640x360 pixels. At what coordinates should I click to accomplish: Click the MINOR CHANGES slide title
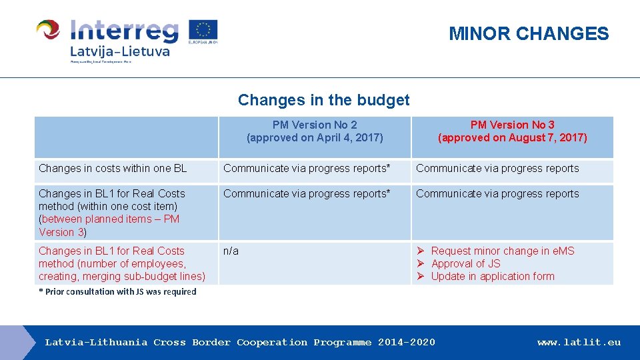pyautogui.click(x=529, y=33)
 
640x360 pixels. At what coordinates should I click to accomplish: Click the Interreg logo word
pyautogui.click(x=125, y=30)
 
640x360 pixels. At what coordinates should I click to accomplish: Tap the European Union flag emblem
pyautogui.click(x=203, y=30)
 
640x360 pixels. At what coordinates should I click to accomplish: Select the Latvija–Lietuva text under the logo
pyautogui.click(x=120, y=51)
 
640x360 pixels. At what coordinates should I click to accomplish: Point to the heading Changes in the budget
pyautogui.click(x=323, y=100)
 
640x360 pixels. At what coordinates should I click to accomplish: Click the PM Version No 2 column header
pyautogui.click(x=315, y=125)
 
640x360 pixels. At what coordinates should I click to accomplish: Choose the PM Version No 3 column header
pyautogui.click(x=512, y=125)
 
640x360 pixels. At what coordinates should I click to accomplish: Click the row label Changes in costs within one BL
pyautogui.click(x=113, y=169)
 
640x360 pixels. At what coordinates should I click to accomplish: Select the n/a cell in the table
pyautogui.click(x=231, y=251)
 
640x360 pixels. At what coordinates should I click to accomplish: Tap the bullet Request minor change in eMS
pyautogui.click(x=502, y=251)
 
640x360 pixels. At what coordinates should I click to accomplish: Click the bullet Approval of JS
pyautogui.click(x=465, y=264)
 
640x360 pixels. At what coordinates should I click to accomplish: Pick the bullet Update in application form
pyautogui.click(x=492, y=277)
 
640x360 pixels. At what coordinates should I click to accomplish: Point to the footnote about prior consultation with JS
pyautogui.click(x=117, y=291)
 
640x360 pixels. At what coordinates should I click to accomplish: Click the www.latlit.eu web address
pyautogui.click(x=579, y=343)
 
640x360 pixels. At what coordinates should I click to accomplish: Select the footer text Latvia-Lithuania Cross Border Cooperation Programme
pyautogui.click(x=239, y=343)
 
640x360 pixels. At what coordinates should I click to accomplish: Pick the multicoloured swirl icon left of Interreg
pyautogui.click(x=48, y=30)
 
